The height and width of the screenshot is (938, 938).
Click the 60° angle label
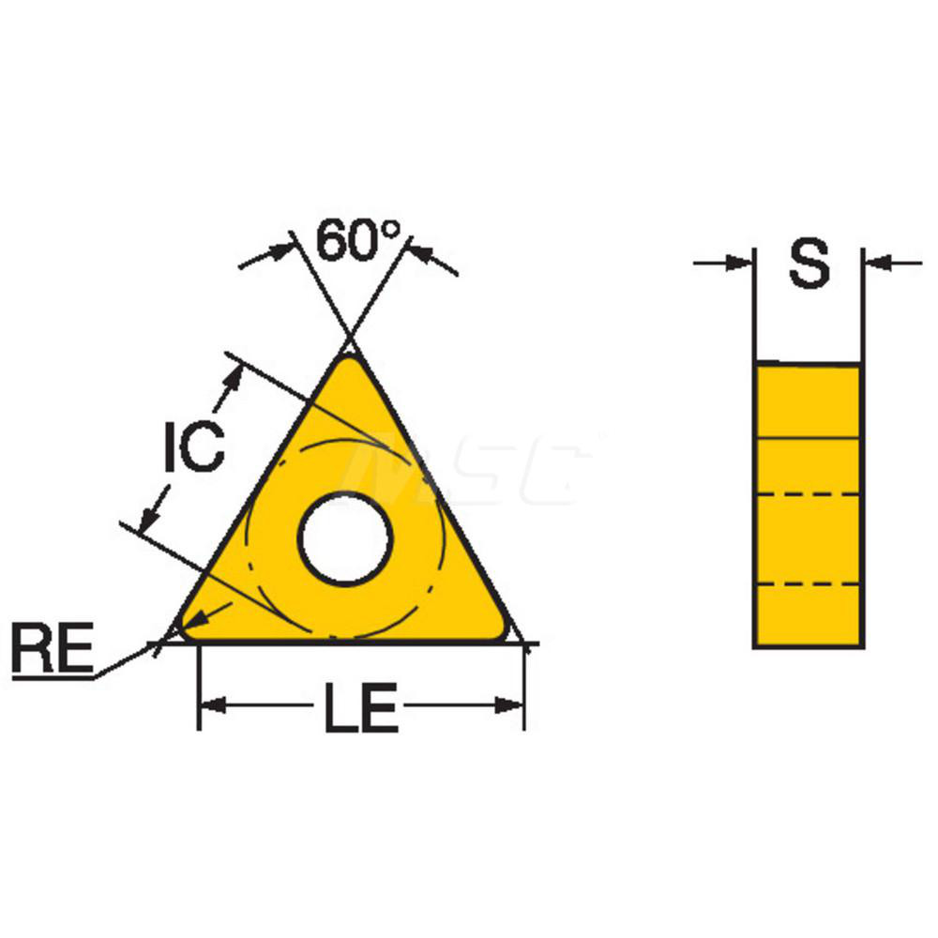tap(357, 240)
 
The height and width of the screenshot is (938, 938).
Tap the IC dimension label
tap(194, 446)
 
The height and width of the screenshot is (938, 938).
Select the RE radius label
tap(53, 648)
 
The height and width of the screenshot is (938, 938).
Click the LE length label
tap(361, 707)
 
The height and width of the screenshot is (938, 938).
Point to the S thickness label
tap(809, 264)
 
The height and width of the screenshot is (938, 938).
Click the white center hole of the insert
tap(345, 537)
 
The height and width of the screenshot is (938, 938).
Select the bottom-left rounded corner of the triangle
tap(187, 630)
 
